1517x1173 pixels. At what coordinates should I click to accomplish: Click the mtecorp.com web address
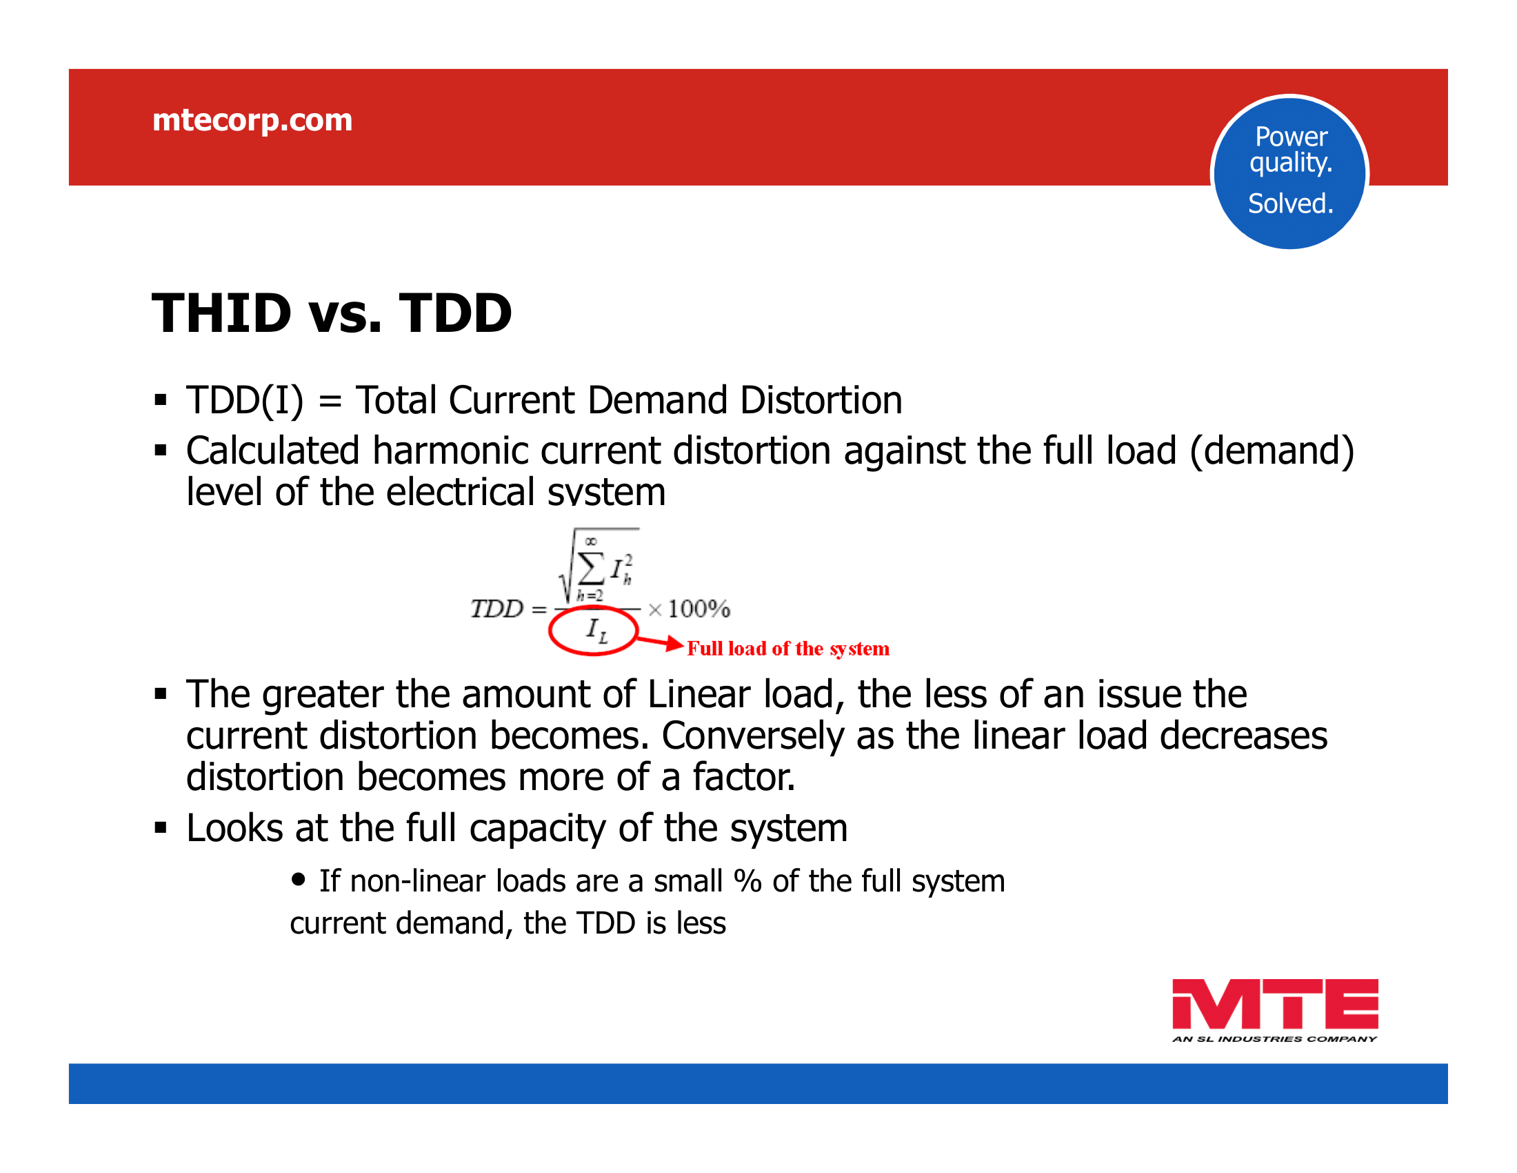252,121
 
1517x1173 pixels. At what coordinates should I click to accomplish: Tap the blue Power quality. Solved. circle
1290,172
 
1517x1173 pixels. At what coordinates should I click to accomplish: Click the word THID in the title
221,313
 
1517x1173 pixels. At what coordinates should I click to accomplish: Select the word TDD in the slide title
456,313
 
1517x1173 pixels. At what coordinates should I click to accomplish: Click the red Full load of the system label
788,649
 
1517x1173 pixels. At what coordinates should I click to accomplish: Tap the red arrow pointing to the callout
660,642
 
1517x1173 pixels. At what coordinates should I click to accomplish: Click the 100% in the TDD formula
699,609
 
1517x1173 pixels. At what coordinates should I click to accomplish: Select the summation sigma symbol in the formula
591,570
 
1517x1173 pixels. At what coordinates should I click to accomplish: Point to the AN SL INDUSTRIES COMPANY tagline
1274,1039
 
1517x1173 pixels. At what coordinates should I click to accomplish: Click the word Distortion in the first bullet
821,400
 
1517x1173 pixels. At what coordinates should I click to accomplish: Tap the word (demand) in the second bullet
1272,452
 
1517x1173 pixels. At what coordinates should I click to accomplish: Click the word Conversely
752,736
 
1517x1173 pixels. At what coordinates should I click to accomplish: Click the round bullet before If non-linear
299,880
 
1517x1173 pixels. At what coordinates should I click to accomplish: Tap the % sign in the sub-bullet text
747,881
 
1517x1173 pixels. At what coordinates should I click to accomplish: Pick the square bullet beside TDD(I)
161,400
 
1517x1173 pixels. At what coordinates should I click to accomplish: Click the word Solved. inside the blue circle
1291,204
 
